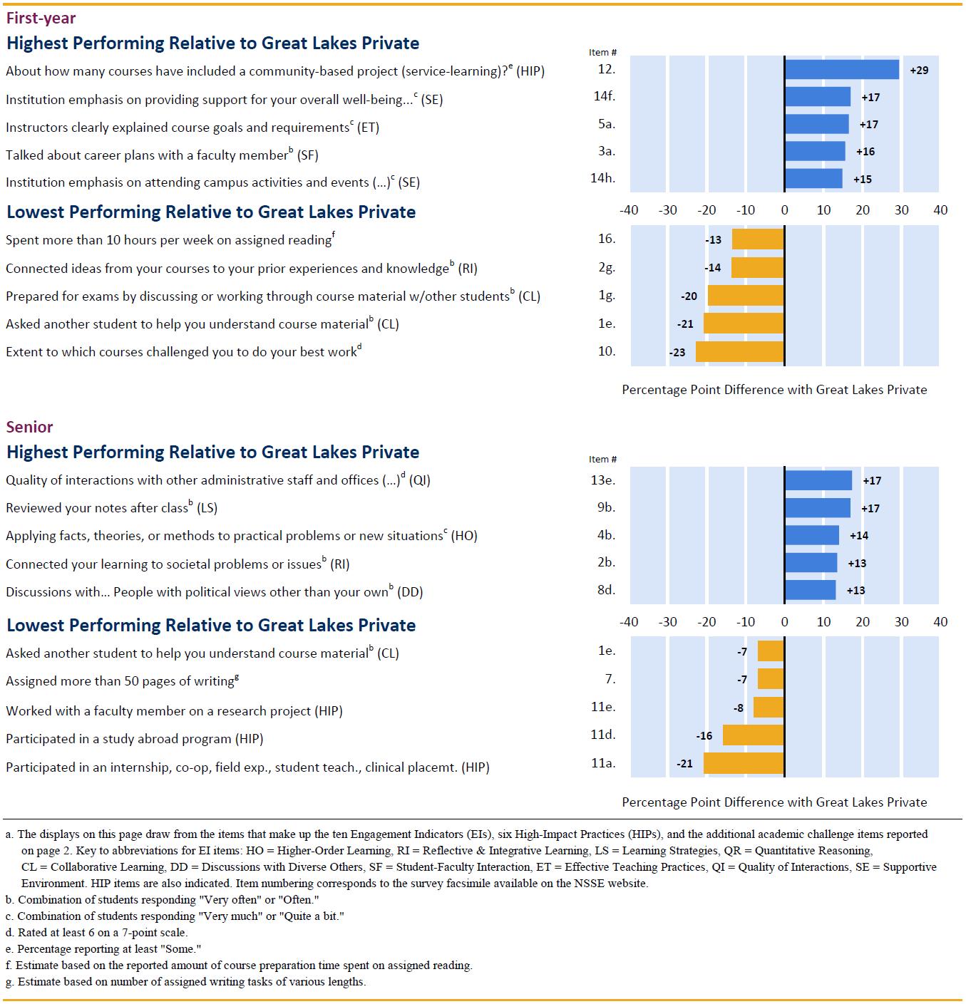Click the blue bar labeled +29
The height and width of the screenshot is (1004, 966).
[x=841, y=70]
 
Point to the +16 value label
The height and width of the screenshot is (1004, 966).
[x=865, y=152]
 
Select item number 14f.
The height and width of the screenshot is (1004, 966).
[x=604, y=95]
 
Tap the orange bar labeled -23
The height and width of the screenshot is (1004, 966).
[x=740, y=352]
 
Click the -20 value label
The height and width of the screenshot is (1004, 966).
[x=689, y=296]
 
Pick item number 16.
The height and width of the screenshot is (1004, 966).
[x=607, y=239]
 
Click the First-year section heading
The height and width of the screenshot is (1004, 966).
[x=41, y=18]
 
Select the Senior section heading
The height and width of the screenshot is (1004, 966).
[x=29, y=427]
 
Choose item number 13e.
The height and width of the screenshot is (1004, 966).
[x=603, y=480]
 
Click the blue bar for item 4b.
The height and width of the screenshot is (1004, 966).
[x=812, y=535]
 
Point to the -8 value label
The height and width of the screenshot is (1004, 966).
[x=739, y=708]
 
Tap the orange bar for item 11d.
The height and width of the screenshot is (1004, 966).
[x=754, y=735]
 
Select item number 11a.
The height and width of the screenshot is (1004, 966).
[x=603, y=763]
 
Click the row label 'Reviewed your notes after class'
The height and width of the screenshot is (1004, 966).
[x=111, y=508]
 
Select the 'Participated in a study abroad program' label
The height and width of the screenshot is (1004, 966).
[x=134, y=739]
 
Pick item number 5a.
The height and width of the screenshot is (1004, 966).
[x=607, y=124]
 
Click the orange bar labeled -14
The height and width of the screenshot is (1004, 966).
[x=758, y=268]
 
